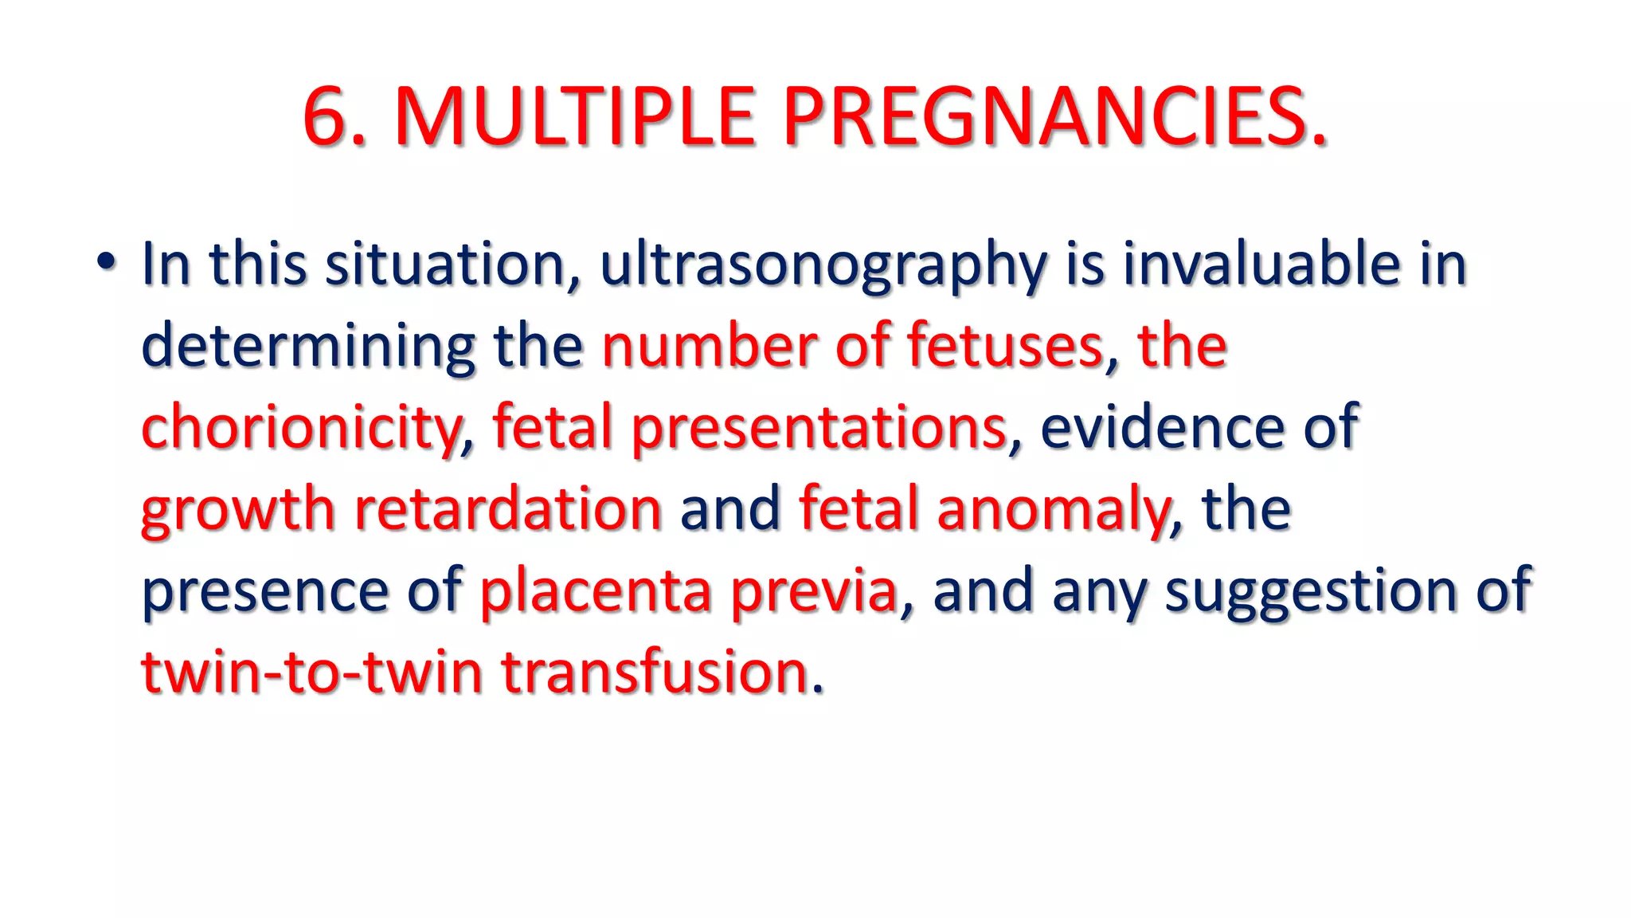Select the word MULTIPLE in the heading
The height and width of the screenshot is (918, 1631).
coord(574,117)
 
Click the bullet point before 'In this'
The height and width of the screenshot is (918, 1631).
coord(106,262)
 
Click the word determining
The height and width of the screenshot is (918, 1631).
coord(308,347)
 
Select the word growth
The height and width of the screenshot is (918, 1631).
coord(237,511)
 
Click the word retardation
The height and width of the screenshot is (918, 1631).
coord(507,509)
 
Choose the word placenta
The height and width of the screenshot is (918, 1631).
coord(596,591)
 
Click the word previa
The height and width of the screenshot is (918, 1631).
coord(814,591)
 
